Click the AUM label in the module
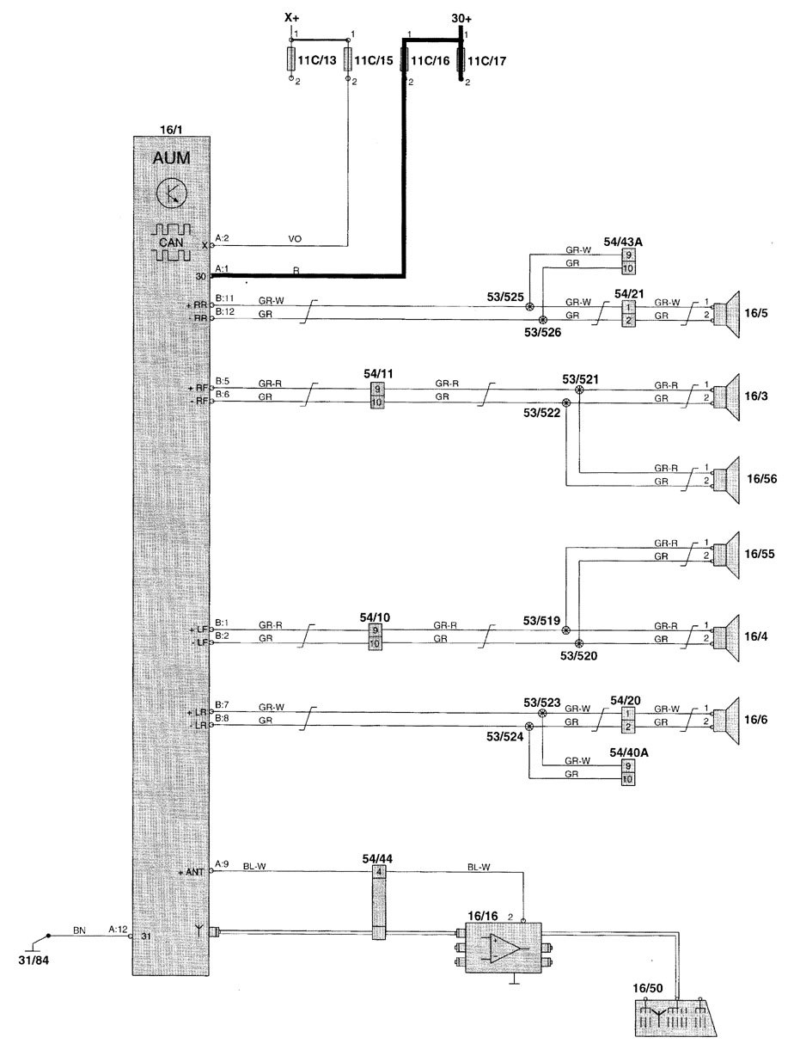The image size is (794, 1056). [x=173, y=160]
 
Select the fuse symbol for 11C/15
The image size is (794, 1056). [x=349, y=60]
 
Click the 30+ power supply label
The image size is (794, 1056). [x=461, y=17]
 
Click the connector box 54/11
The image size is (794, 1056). [x=376, y=396]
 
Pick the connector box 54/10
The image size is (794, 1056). [x=376, y=637]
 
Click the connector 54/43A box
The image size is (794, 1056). [x=629, y=261]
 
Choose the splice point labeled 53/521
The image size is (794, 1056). [x=579, y=390]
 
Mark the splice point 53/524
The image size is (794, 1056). [x=529, y=727]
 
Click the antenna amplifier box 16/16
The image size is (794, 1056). [x=503, y=948]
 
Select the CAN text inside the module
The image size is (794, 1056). [x=173, y=243]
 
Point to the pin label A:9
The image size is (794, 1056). [x=222, y=864]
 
